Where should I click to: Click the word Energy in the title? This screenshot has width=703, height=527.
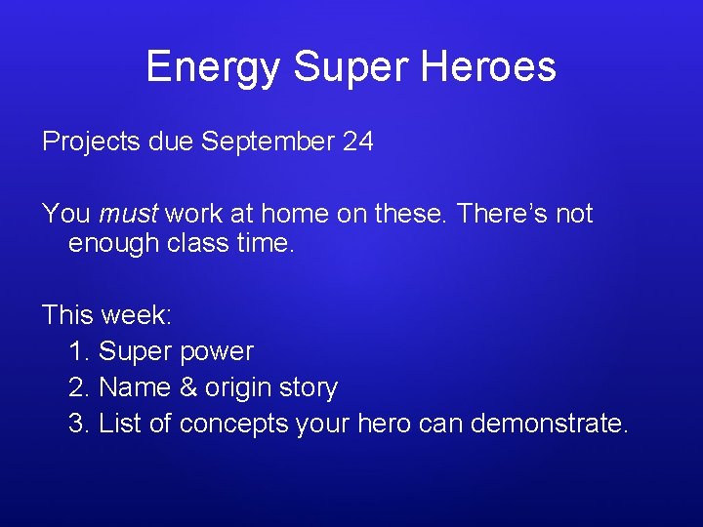(x=214, y=68)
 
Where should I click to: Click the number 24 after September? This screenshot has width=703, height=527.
(x=357, y=142)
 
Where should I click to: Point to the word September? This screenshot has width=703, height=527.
(x=268, y=142)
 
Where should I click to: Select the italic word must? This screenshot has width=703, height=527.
(x=131, y=214)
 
